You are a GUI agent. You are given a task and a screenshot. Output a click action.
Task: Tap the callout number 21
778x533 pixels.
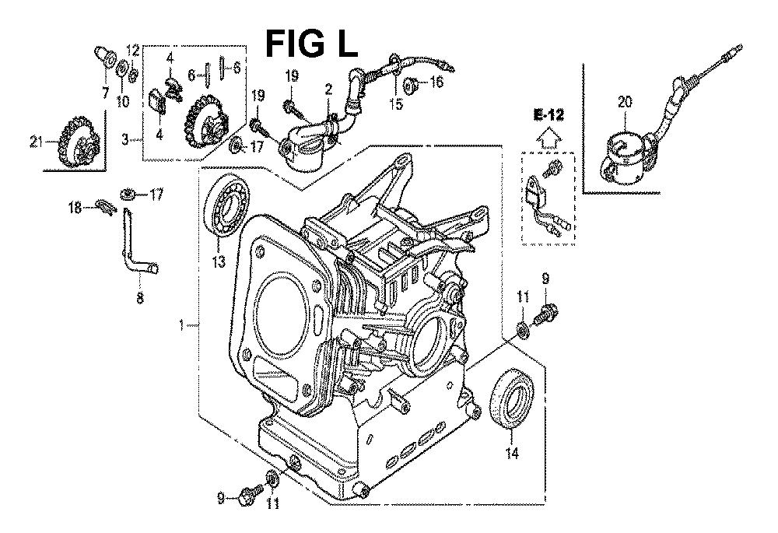pos(34,141)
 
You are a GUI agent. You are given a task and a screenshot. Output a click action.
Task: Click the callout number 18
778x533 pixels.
pos(75,207)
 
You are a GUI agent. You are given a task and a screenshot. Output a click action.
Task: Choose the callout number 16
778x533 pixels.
pos(436,82)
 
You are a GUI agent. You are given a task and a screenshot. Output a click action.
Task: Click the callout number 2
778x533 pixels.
pos(329,88)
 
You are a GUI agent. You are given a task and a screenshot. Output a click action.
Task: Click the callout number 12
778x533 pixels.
pos(133,51)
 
